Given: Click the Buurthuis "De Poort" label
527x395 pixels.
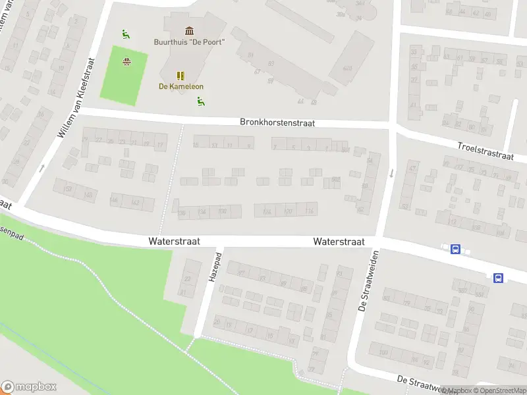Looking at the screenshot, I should click(190, 42).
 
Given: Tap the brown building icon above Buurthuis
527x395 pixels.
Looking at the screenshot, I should click(190, 31).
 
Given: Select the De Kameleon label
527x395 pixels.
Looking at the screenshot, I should click(181, 86).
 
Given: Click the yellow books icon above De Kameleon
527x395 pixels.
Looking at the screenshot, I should click(180, 76).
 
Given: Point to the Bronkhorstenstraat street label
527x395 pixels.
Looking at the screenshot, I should click(277, 122).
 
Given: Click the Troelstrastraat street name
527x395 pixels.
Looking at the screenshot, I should click(485, 151).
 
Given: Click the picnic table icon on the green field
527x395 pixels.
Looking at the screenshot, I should click(126, 63).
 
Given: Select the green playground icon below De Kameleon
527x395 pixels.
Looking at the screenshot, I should click(200, 101).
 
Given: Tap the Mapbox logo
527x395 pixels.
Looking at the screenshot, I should click(29, 387).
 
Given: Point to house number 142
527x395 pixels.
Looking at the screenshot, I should click(135, 201).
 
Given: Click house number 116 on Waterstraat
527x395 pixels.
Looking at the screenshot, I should click(310, 211).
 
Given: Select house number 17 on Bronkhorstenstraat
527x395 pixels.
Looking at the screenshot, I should click(159, 145).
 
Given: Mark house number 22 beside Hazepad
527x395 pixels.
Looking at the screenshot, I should click(187, 279).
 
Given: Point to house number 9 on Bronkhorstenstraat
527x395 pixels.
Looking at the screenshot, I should click(248, 145).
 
